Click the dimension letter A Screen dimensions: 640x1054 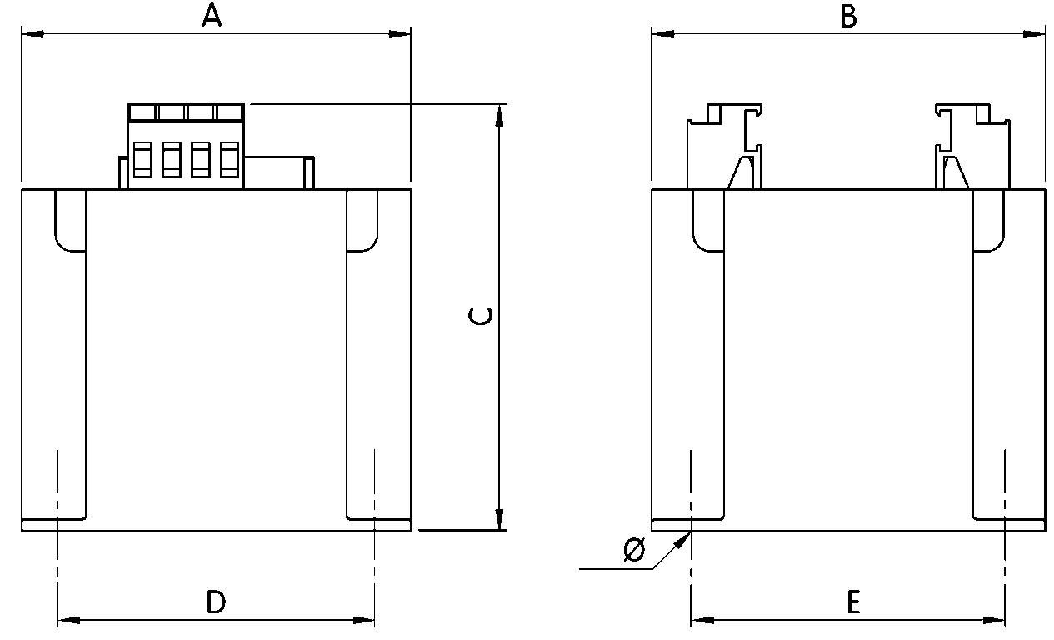click(212, 15)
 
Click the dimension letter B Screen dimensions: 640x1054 click(847, 15)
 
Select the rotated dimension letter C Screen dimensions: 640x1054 click(481, 315)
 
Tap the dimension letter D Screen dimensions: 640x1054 click(216, 601)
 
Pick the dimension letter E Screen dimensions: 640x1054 click(852, 601)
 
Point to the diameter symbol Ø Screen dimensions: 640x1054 click(634, 550)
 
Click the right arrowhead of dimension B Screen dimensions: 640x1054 click(1035, 34)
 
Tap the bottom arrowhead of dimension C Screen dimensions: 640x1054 click(499, 519)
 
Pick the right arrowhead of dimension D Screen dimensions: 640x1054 click(365, 620)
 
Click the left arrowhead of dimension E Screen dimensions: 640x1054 click(702, 620)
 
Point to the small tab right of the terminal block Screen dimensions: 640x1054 click(308, 172)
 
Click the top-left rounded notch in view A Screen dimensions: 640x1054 click(70, 221)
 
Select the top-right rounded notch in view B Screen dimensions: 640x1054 click(988, 221)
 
